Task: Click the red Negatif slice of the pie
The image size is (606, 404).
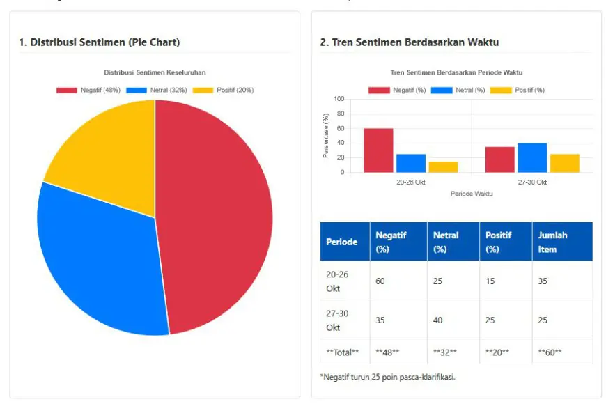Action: click(216, 216)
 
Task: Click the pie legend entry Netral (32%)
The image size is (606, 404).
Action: click(157, 91)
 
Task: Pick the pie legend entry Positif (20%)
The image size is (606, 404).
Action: click(223, 91)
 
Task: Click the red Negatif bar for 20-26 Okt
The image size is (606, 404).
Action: click(378, 150)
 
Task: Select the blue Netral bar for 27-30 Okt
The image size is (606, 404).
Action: click(532, 158)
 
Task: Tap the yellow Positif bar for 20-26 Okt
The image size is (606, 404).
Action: click(443, 167)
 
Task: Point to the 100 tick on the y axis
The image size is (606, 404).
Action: click(339, 99)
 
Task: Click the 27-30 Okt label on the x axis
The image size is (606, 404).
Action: click(532, 182)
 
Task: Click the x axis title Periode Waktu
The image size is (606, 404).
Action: click(472, 194)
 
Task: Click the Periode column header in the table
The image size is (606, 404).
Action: click(341, 242)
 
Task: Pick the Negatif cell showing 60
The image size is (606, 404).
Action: click(380, 281)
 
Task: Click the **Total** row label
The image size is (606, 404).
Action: click(343, 352)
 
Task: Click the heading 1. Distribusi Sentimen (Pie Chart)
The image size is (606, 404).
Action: click(100, 42)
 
